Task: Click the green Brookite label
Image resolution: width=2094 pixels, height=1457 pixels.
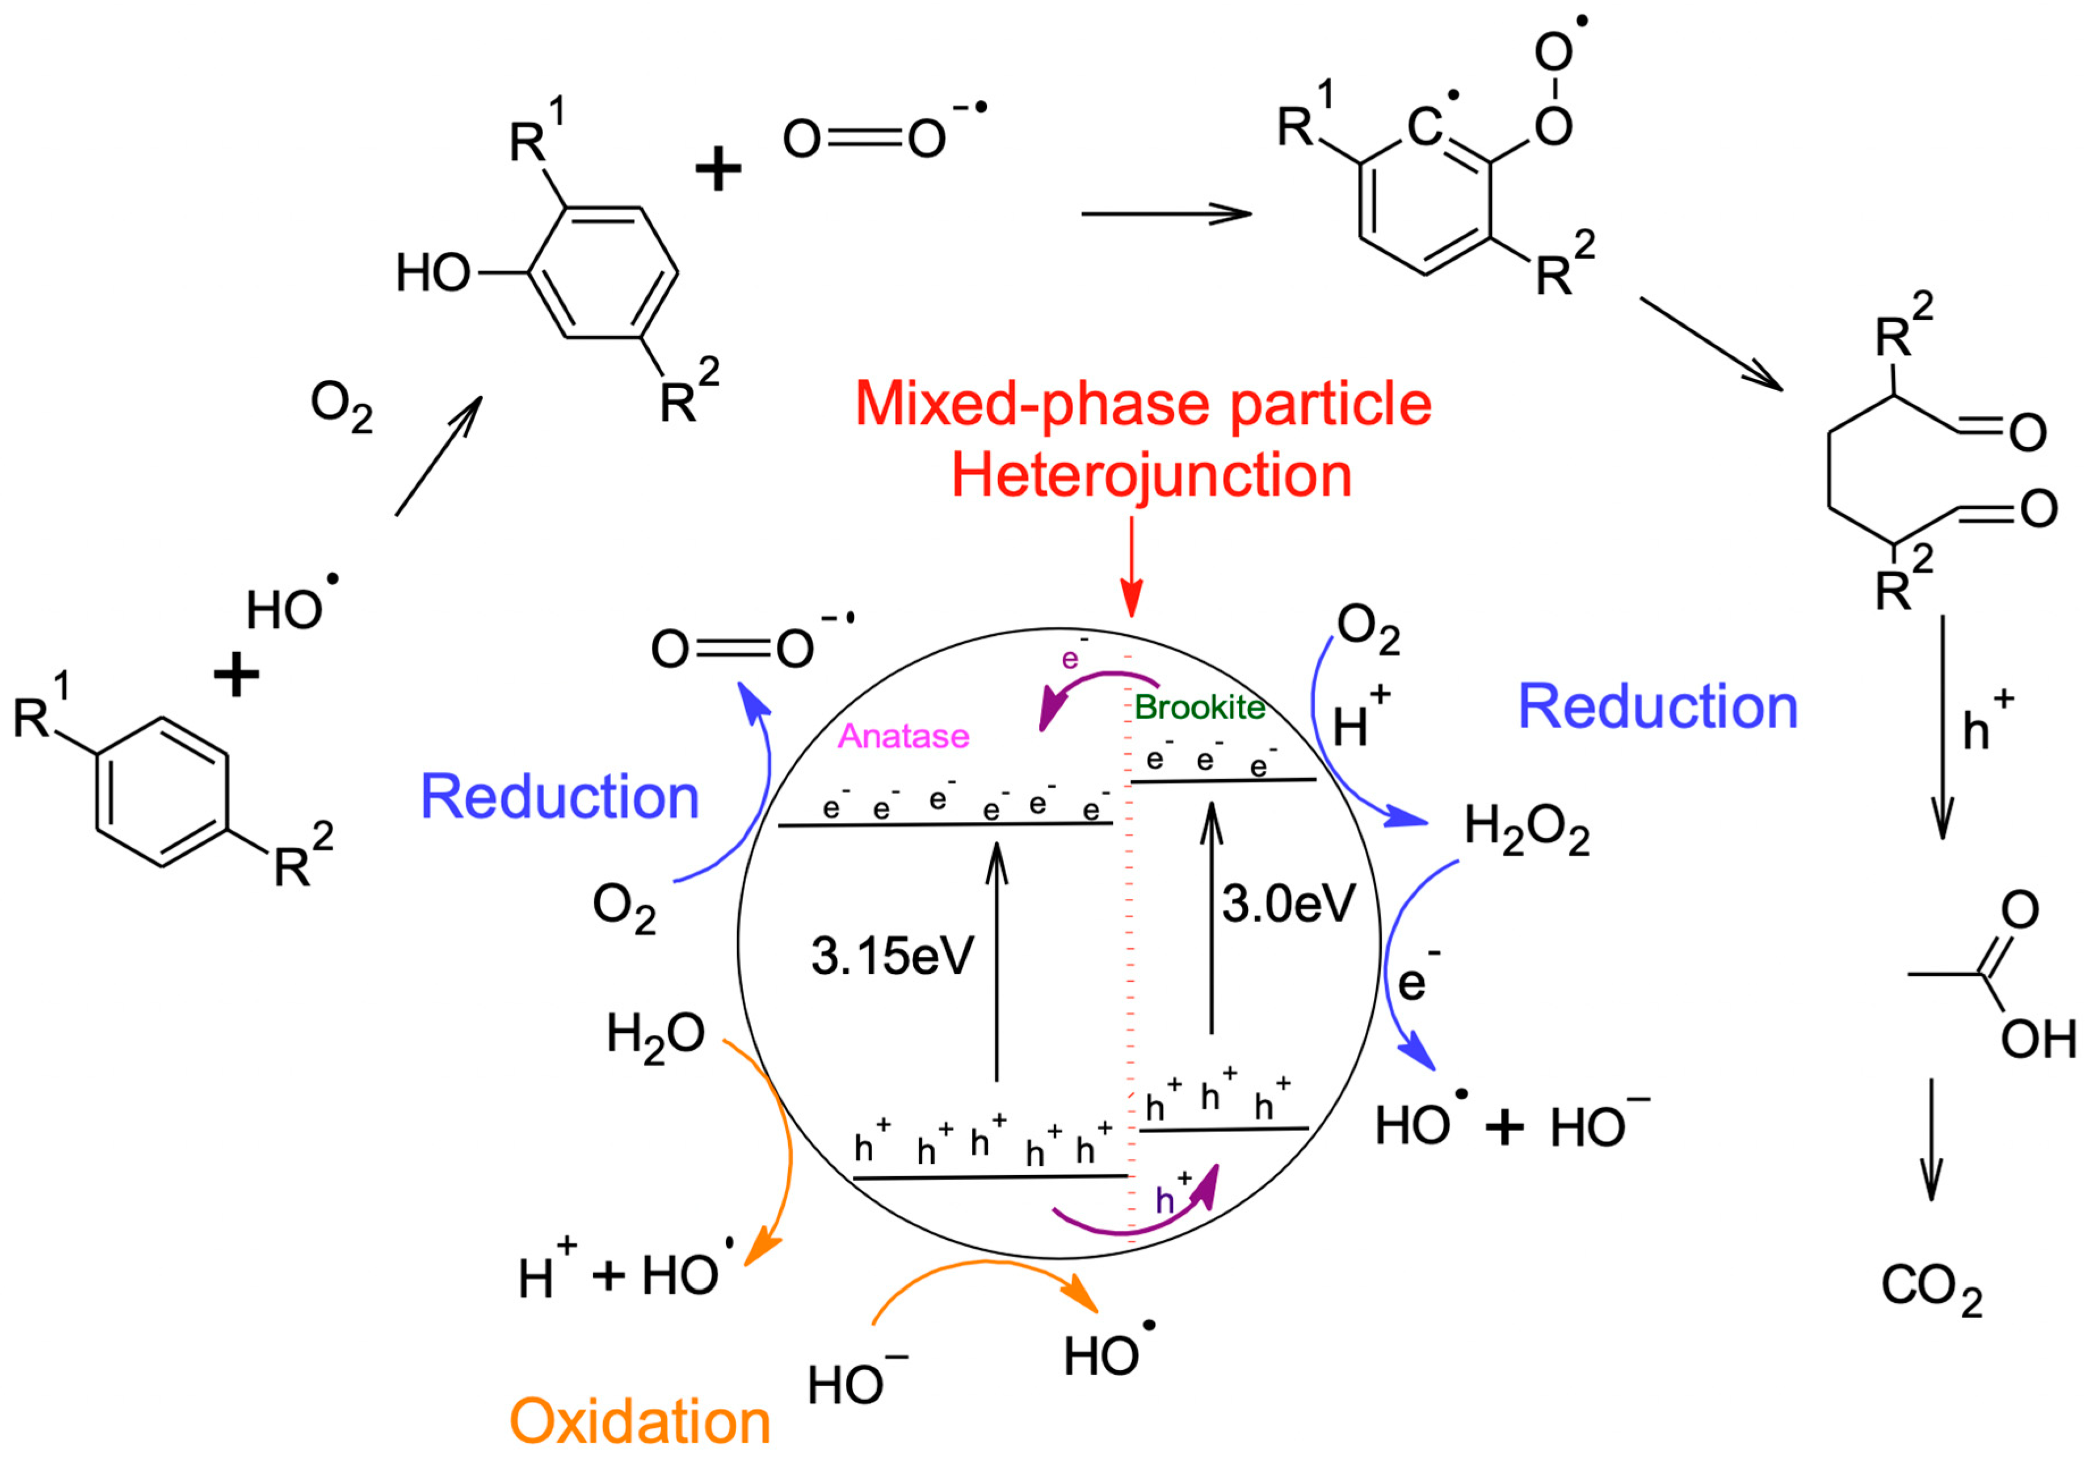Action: click(x=1199, y=708)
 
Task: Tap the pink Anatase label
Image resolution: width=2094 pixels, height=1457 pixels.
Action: click(x=903, y=736)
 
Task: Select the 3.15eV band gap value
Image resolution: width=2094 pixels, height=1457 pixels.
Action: click(x=892, y=956)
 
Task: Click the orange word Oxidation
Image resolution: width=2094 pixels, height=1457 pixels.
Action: click(x=640, y=1421)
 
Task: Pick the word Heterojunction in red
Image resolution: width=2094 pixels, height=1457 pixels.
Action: click(x=1151, y=475)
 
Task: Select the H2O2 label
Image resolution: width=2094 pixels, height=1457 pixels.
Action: click(x=1527, y=829)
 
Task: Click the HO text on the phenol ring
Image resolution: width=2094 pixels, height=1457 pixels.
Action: click(x=433, y=273)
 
